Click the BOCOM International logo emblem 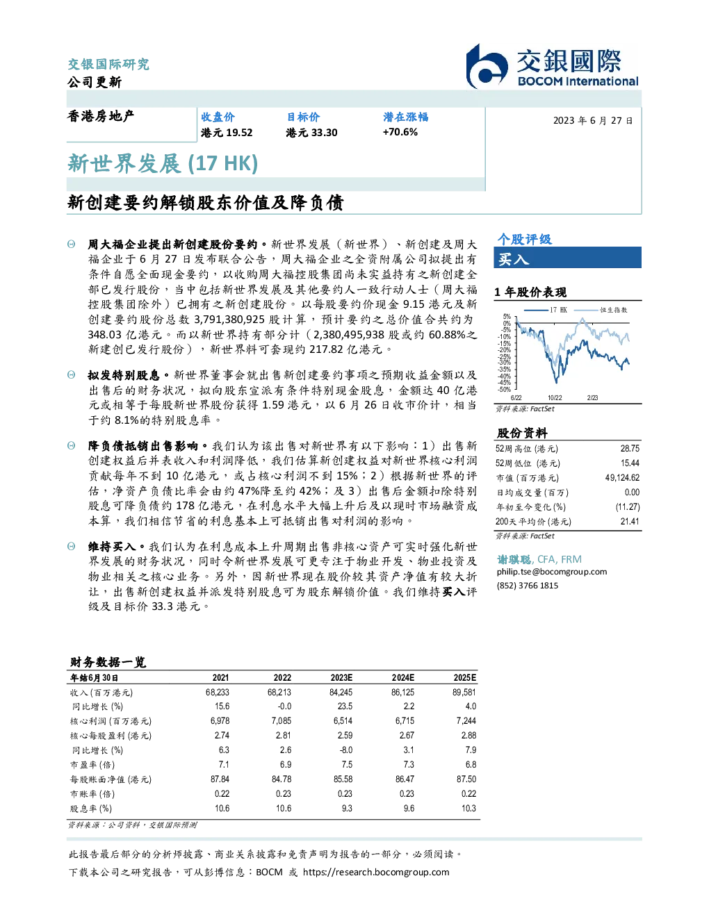point(487,67)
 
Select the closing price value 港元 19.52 point(227,133)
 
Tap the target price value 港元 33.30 point(311,133)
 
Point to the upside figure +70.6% point(400,132)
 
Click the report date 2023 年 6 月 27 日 point(592,121)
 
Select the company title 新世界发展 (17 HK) point(163,163)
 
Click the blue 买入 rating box point(567,258)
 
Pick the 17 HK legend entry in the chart point(546,310)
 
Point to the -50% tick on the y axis point(505,390)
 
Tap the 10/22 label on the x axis point(555,398)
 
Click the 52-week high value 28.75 point(630,448)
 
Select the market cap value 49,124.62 point(622,478)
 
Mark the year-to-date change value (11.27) point(628,507)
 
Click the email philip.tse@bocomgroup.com point(551,572)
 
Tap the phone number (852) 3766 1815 point(528,586)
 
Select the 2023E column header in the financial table point(341,678)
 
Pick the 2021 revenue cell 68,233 point(217,692)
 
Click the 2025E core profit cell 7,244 point(466,721)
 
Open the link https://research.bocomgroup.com point(376,873)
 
